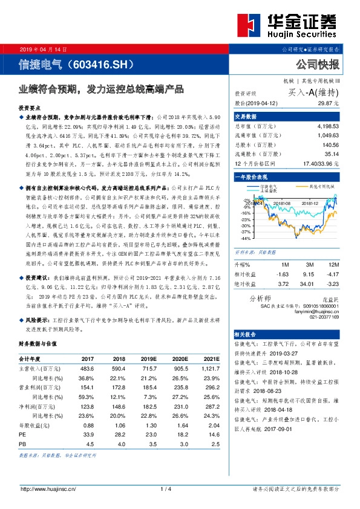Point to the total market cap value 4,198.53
pos(325,128)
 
